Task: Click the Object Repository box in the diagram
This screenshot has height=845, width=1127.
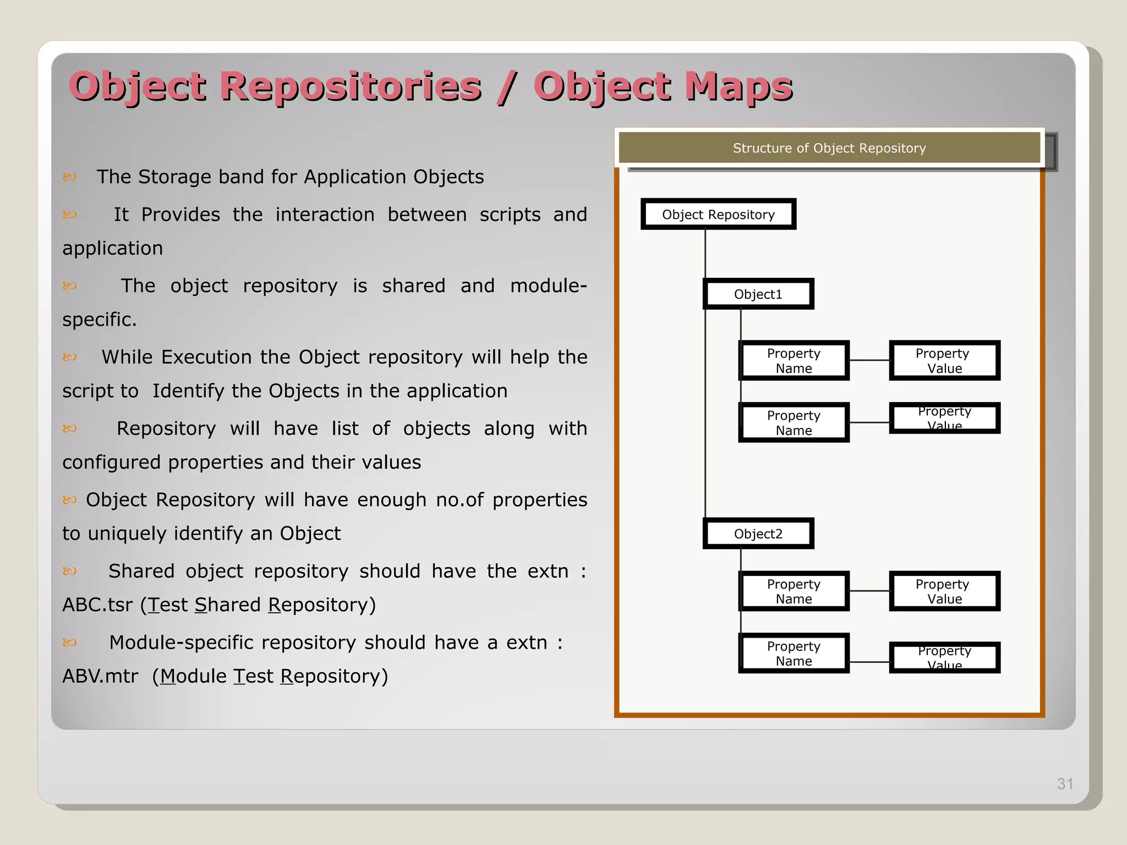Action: (x=718, y=215)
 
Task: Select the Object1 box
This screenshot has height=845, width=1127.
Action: (x=758, y=294)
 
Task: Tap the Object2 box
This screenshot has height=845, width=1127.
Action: (x=758, y=534)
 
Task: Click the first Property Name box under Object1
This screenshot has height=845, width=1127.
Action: (x=794, y=361)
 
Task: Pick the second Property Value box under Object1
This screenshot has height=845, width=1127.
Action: (x=944, y=419)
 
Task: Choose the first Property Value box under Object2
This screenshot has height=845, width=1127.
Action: (x=944, y=591)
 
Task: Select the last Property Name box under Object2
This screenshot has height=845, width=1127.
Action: (x=794, y=654)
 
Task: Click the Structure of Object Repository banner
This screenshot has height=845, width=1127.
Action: (x=829, y=148)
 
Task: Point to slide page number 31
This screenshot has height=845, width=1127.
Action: (x=1065, y=784)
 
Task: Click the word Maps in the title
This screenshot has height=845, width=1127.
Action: (x=738, y=87)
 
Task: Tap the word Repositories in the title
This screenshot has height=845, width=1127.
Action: (x=351, y=87)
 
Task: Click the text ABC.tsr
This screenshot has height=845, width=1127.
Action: (x=97, y=605)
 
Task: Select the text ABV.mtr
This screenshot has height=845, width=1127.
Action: (x=100, y=676)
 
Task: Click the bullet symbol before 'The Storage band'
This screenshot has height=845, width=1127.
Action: (x=69, y=177)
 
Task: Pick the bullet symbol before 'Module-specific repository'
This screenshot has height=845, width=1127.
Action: (x=69, y=643)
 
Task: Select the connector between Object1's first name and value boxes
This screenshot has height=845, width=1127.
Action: (x=869, y=360)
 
